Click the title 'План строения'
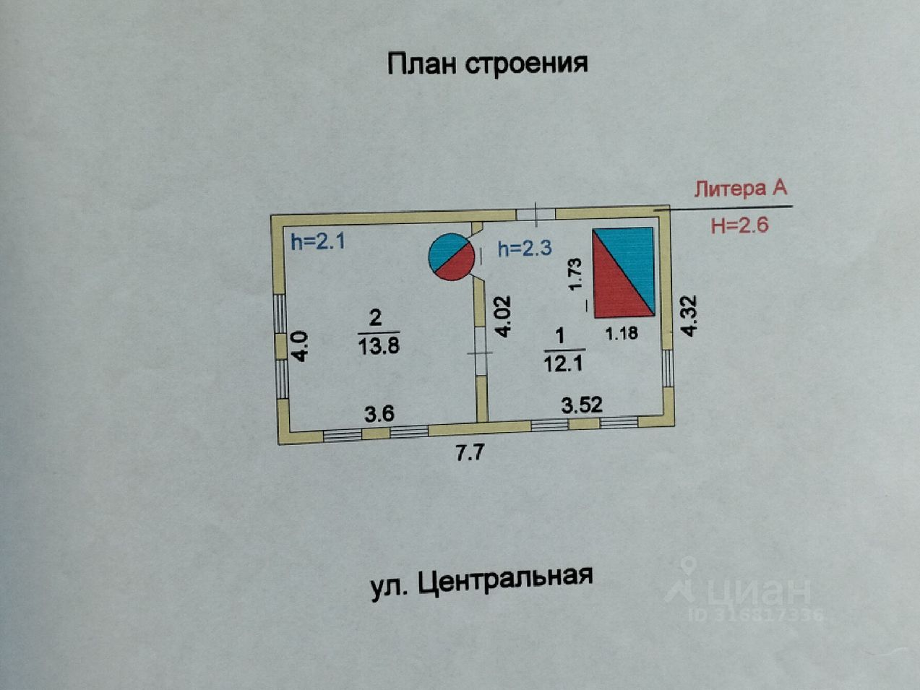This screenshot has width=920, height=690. (487, 64)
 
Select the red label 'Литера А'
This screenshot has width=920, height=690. (740, 189)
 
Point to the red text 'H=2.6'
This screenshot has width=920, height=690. (739, 225)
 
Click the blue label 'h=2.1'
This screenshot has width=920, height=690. (318, 241)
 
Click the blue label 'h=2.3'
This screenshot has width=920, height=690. (525, 249)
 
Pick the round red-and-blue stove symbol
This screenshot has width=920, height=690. (452, 256)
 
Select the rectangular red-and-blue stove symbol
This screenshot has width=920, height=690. (624, 272)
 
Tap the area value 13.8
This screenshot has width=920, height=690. (379, 346)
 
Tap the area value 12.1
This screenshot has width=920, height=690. (563, 363)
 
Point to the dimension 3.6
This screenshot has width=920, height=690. (379, 414)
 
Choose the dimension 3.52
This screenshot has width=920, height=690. (582, 405)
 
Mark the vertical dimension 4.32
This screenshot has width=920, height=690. (689, 315)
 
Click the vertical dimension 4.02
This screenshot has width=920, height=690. (504, 316)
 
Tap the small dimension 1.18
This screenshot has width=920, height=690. (621, 334)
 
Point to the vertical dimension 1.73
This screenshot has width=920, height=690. (575, 275)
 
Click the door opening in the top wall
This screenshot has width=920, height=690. (536, 213)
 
